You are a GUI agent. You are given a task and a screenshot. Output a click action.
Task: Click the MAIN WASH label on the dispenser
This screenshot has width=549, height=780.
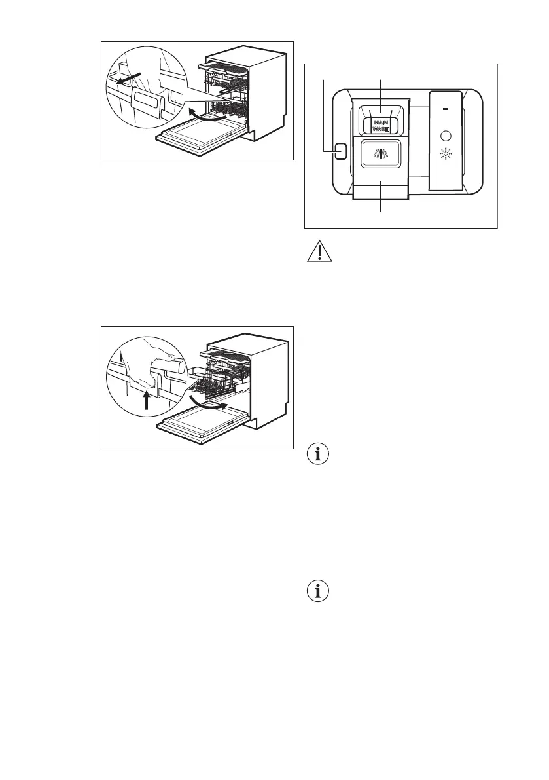381,126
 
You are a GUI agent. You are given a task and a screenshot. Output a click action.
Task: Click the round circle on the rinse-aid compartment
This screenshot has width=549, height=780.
447,136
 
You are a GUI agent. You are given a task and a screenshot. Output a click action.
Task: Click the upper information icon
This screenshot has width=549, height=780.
319,455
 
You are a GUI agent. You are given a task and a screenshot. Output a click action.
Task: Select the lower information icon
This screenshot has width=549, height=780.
319,592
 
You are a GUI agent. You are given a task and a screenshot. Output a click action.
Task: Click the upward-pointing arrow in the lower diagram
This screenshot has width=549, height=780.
145,400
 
